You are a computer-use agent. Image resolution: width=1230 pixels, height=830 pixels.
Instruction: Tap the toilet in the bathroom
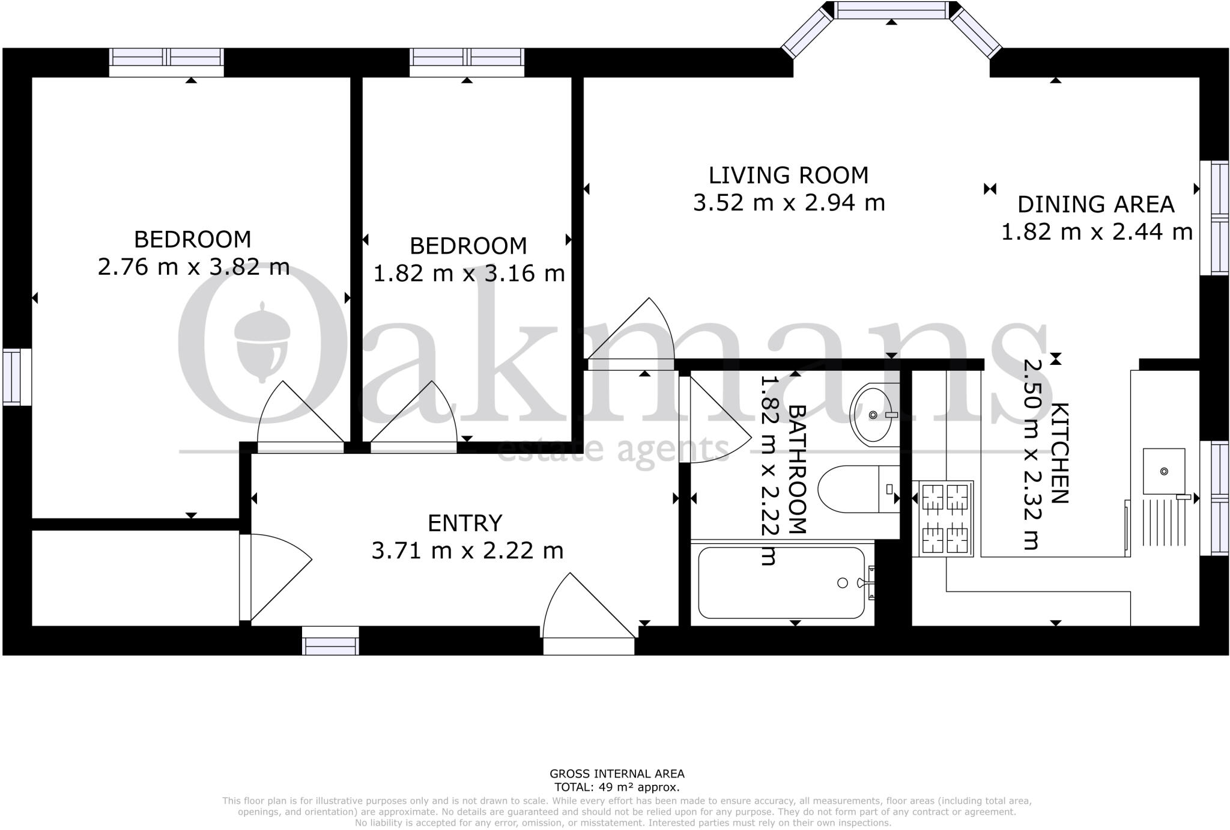[857, 489]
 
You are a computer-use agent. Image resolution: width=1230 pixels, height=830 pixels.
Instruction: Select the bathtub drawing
[781, 582]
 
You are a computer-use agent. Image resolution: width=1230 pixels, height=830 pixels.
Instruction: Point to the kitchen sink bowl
[1163, 471]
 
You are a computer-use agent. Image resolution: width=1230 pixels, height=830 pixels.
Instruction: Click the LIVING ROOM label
[789, 175]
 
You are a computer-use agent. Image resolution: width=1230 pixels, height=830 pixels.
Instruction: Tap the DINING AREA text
[1095, 204]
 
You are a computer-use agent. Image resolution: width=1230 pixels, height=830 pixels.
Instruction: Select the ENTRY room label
[465, 523]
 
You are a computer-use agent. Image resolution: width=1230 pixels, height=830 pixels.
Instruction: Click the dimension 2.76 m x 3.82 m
[193, 267]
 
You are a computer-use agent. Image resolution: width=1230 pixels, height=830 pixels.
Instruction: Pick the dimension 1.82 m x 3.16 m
[469, 273]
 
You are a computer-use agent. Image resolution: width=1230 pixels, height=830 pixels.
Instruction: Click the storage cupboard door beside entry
[273, 577]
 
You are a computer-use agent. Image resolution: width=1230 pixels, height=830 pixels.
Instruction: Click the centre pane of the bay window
[891, 10]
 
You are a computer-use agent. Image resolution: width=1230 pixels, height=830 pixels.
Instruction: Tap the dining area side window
[1214, 218]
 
